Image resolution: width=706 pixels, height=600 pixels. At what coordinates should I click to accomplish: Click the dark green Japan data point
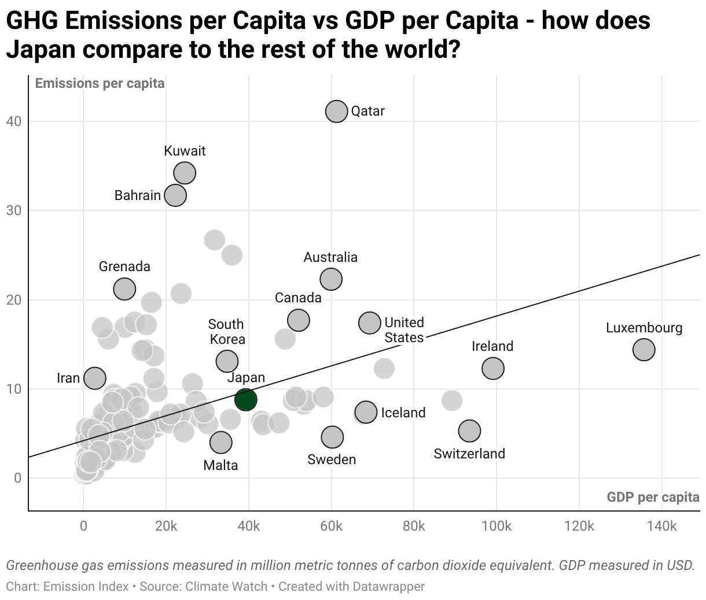click(x=246, y=399)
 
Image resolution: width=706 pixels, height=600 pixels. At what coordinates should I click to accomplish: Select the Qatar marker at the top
click(x=336, y=111)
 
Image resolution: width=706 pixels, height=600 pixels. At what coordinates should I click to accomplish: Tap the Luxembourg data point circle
click(x=644, y=349)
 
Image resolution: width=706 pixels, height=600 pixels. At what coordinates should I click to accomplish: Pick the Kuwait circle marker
click(x=185, y=172)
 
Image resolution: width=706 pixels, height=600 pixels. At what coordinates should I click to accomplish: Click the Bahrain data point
click(x=175, y=195)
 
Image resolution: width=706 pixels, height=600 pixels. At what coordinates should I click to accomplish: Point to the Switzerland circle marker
click(x=469, y=430)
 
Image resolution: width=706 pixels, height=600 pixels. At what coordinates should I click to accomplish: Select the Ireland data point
click(x=492, y=368)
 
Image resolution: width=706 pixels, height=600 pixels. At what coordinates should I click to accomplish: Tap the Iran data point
click(x=95, y=378)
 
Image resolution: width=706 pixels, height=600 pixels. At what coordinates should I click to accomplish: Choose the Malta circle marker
click(x=220, y=442)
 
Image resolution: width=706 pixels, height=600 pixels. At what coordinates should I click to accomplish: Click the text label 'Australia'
click(x=330, y=257)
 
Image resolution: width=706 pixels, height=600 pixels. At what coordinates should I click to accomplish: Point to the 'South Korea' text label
click(x=226, y=332)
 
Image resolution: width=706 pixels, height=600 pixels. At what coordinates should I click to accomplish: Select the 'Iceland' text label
click(x=403, y=413)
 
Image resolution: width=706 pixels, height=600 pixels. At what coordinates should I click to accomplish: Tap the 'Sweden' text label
click(x=332, y=460)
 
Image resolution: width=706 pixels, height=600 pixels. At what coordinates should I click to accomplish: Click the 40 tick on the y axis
click(x=14, y=121)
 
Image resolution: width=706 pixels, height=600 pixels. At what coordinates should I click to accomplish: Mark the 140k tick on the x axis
click(x=661, y=527)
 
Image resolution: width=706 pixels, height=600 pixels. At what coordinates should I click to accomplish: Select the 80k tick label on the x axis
click(x=414, y=527)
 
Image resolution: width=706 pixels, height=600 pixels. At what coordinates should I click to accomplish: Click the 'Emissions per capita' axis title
click(x=100, y=83)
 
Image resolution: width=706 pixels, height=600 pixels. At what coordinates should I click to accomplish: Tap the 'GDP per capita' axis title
click(x=653, y=497)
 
